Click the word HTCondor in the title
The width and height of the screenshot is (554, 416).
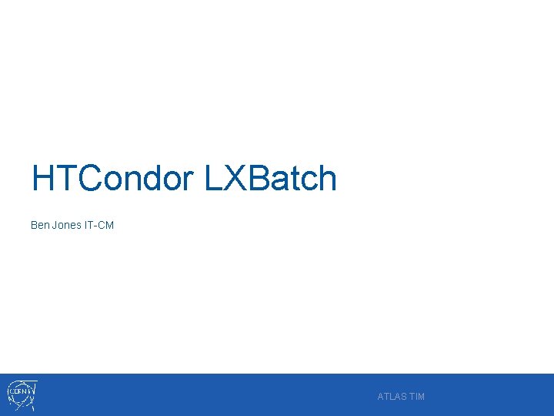[112, 179]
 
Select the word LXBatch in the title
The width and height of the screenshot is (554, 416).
[271, 179]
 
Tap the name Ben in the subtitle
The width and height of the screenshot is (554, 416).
[39, 225]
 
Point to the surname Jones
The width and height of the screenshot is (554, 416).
[66, 225]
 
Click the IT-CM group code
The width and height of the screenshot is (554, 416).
[99, 225]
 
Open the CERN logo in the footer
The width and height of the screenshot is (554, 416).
[22, 394]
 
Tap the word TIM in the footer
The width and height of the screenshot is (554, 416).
[417, 397]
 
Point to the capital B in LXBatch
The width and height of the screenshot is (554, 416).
[259, 179]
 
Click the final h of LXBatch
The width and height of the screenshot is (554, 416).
[329, 179]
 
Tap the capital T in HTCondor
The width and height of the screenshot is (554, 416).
[64, 179]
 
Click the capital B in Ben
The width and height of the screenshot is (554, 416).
[34, 225]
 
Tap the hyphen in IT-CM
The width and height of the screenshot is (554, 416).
[96, 226]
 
